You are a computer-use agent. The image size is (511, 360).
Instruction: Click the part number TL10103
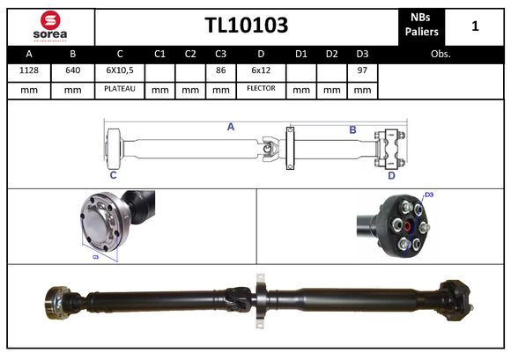coord(246,25)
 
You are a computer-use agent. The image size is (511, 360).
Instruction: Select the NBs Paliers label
coord(423,25)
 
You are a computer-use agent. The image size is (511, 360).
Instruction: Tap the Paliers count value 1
coord(475,26)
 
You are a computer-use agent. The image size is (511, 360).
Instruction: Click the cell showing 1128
coord(28,71)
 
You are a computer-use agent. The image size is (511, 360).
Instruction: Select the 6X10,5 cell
coord(119,71)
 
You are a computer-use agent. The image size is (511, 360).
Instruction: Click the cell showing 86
coord(221,71)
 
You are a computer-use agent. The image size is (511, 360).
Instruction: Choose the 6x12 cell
coord(261,71)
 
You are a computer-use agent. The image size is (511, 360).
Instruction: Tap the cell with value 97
coord(361,71)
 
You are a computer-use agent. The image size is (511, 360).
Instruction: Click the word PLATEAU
coord(119,89)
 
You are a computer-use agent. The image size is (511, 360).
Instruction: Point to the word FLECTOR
coord(261,89)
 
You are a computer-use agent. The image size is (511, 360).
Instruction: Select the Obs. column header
coord(441,54)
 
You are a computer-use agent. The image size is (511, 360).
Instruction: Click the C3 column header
coord(221,54)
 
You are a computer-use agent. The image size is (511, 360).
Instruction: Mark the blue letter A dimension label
coord(230,127)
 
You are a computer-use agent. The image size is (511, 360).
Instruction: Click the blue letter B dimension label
coord(352,129)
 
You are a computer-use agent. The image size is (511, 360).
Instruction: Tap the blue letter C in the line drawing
coord(114,174)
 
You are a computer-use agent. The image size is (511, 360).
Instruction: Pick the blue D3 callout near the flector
coord(429,195)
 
